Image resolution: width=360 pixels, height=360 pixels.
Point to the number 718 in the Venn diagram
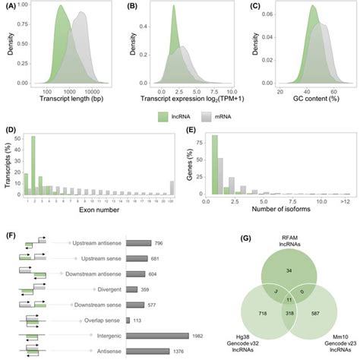[x=242, y=313]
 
